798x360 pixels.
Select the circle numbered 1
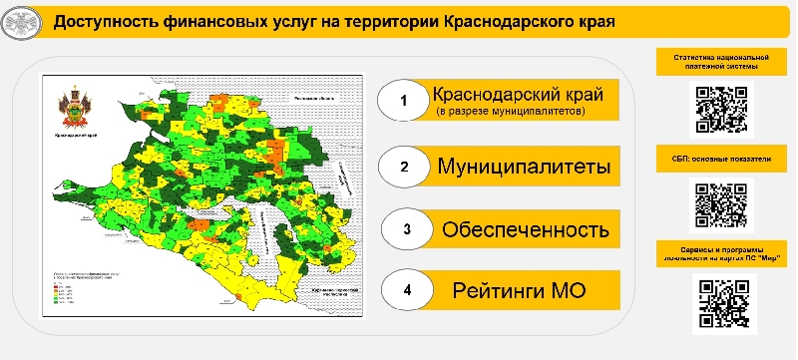coord(403,102)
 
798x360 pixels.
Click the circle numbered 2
coord(403,166)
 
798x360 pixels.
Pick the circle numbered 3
coord(406,228)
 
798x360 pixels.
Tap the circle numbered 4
coord(406,291)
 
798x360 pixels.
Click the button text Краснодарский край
coord(518,96)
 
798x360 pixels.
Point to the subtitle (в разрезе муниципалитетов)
coord(511,113)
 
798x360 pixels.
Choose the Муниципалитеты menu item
coord(524,166)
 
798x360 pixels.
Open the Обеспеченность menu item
coord(526,228)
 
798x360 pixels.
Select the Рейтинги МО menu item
coord(519,291)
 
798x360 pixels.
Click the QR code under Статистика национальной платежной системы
coord(721,109)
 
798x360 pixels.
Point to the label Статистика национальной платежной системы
coord(721,62)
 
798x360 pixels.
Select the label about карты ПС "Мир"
coord(721,252)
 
